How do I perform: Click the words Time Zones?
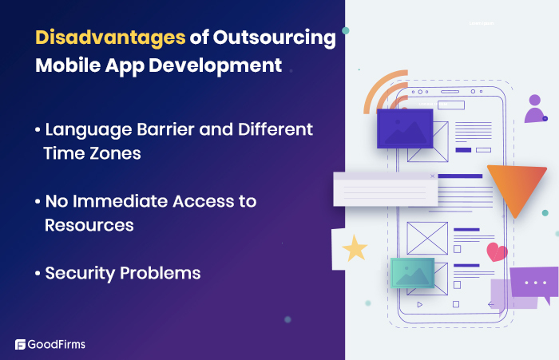[93, 153]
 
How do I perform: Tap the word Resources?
[89, 225]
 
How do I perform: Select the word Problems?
[161, 273]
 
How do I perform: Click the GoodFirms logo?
[50, 345]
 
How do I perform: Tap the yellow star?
[355, 249]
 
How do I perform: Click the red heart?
[497, 252]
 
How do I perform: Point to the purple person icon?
[534, 109]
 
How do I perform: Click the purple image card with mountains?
[404, 129]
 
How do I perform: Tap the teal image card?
[412, 272]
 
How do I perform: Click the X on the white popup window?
[433, 176]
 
